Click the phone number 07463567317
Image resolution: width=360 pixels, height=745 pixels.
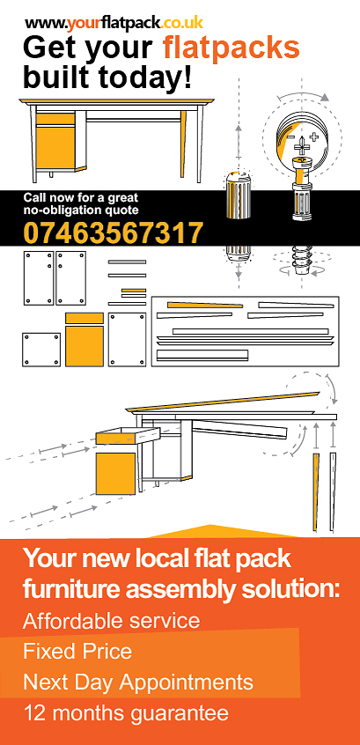pos(114,232)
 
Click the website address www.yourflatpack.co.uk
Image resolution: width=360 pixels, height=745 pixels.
pos(114,22)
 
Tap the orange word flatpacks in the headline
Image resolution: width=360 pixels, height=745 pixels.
pos(231,48)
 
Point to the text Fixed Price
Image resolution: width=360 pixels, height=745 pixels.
pos(77,651)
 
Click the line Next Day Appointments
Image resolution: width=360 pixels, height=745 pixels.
pos(138,682)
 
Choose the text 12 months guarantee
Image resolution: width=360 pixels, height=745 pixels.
pos(126,713)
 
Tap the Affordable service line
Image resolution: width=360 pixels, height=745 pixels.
pos(112,621)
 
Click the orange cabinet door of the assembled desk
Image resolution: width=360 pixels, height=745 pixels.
pos(55,147)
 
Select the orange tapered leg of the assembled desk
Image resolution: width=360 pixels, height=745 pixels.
pos(183,144)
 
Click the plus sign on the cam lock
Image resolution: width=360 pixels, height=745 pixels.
pos(313,136)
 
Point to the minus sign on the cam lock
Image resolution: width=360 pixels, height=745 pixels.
pos(290,136)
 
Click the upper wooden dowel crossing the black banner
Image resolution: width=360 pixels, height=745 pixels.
pos(239,196)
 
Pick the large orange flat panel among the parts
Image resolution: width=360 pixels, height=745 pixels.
pos(84,346)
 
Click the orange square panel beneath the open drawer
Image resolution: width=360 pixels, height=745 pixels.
pos(115,474)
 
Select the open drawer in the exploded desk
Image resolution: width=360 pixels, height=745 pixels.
pos(129,436)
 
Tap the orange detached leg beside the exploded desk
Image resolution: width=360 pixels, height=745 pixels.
pos(316,491)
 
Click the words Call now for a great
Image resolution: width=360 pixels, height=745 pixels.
pos(81,197)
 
